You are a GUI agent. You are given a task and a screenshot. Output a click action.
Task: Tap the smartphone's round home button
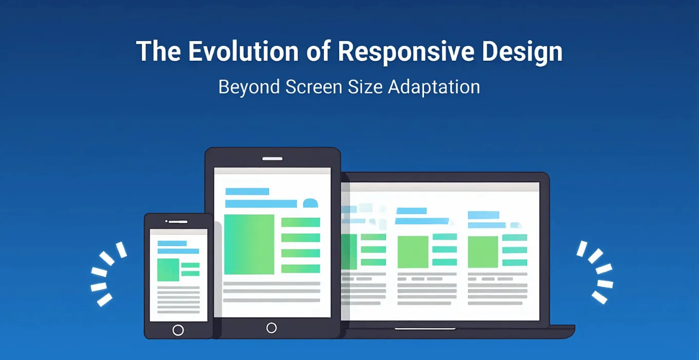click(x=178, y=330)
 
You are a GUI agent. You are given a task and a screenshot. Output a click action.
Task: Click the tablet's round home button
click(x=271, y=328)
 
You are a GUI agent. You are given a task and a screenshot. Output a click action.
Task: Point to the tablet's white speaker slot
click(x=272, y=159)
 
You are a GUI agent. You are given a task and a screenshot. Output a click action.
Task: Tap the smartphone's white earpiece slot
click(x=178, y=222)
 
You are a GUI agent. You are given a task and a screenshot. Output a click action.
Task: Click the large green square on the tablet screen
click(x=249, y=244)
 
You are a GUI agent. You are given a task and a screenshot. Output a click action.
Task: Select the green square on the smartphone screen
click(x=168, y=269)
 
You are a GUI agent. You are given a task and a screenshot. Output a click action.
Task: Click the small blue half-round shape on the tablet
click(x=310, y=203)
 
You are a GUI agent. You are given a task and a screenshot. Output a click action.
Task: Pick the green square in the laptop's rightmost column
click(x=483, y=252)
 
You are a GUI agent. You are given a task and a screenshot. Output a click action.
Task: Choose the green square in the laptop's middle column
click(x=413, y=252)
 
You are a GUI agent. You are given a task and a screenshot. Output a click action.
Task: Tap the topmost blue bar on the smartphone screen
click(x=172, y=243)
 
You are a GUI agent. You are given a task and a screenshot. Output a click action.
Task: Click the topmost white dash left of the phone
click(x=121, y=249)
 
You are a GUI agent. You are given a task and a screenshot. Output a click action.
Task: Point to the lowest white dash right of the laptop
click(x=599, y=297)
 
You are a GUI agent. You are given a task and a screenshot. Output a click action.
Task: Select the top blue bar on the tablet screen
click(x=247, y=191)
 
